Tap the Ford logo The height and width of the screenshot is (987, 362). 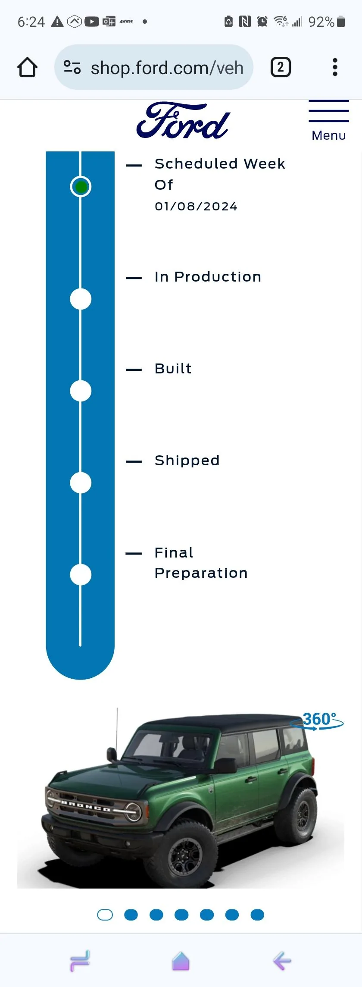pyautogui.click(x=183, y=121)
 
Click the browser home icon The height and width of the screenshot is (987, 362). pyautogui.click(x=27, y=67)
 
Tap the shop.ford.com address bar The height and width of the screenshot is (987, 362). pyautogui.click(x=154, y=67)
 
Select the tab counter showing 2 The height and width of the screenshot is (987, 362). pyautogui.click(x=281, y=67)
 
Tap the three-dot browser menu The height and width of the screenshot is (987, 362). pyautogui.click(x=335, y=67)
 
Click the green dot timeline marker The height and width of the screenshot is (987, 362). pyautogui.click(x=81, y=187)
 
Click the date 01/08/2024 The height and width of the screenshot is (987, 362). pyautogui.click(x=196, y=207)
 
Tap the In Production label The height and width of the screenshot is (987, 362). pyautogui.click(x=208, y=277)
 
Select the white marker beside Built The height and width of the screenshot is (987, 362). pyautogui.click(x=81, y=391)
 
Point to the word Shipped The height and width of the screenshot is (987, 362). pyautogui.click(x=187, y=461)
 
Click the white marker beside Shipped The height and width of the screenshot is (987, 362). pyautogui.click(x=81, y=483)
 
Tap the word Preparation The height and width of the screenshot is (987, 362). pyautogui.click(x=201, y=573)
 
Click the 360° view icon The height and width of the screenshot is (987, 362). pyautogui.click(x=318, y=721)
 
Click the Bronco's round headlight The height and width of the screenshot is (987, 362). pyautogui.click(x=134, y=812)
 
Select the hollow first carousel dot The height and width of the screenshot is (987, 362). pyautogui.click(x=105, y=915)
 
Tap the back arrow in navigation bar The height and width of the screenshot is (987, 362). pyautogui.click(x=282, y=961)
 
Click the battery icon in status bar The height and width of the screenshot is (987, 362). pyautogui.click(x=341, y=22)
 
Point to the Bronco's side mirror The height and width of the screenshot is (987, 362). pyautogui.click(x=112, y=755)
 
